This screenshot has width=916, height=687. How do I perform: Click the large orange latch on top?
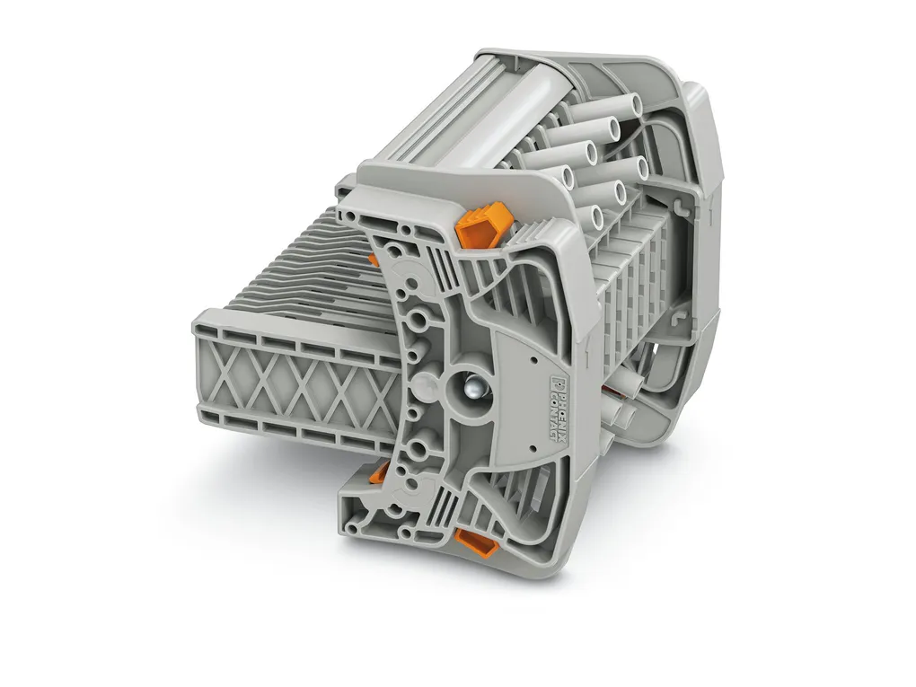click(483, 224)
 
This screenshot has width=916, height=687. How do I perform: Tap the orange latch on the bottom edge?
click(476, 542)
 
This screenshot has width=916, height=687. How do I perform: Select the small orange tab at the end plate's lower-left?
click(380, 472)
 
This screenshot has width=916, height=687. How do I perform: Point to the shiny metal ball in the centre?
click(472, 387)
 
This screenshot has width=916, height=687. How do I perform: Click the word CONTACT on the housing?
click(550, 419)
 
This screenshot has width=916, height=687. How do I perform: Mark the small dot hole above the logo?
click(533, 361)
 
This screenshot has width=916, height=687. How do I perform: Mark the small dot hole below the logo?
click(533, 448)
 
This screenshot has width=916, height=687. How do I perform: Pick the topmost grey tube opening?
click(636, 104)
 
